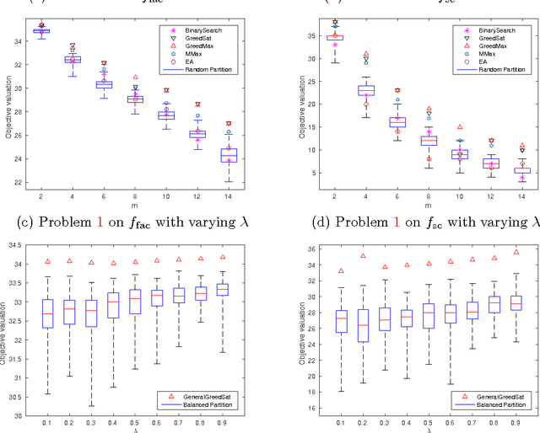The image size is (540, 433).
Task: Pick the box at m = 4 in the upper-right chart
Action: (x=343, y=90)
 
